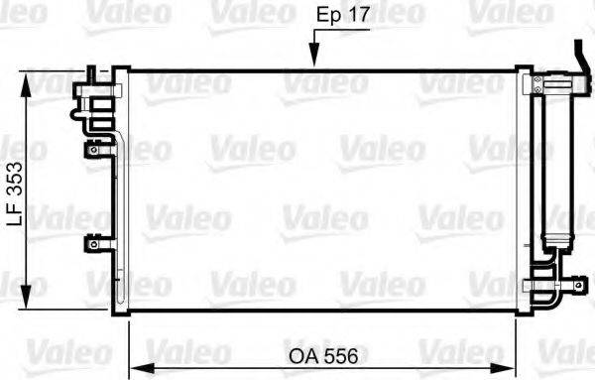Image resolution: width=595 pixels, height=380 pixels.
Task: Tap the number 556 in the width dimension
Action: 340,353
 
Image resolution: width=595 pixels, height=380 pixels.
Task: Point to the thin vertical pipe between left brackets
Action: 119,198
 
